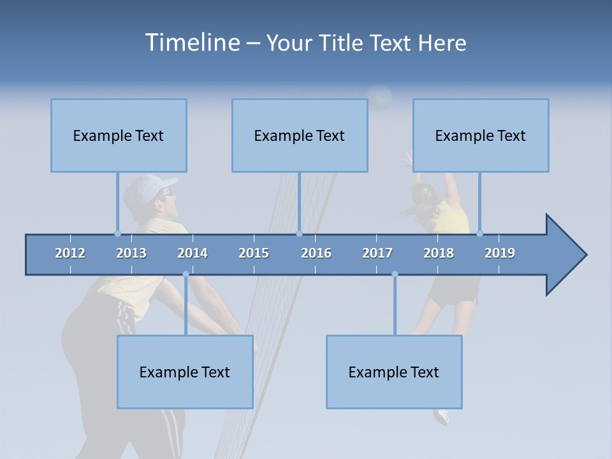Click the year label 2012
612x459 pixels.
click(x=70, y=253)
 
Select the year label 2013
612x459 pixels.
click(x=131, y=253)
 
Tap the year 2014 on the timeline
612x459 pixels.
click(x=193, y=253)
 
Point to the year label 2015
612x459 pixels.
click(x=254, y=253)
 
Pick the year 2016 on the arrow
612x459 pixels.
click(x=316, y=253)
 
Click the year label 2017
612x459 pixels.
click(x=377, y=253)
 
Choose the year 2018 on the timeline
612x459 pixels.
click(x=439, y=253)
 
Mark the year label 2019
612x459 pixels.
click(x=500, y=253)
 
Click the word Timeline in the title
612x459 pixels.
click(x=191, y=43)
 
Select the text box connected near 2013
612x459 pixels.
click(x=119, y=135)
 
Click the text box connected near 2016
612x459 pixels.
click(x=300, y=135)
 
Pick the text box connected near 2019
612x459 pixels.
click(x=481, y=135)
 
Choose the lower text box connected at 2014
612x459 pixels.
click(x=185, y=372)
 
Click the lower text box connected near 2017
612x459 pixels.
click(x=394, y=372)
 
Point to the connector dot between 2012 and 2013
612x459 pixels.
click(x=117, y=233)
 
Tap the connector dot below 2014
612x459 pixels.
click(x=186, y=274)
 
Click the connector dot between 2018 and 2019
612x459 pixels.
click(x=479, y=233)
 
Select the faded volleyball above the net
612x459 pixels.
click(x=381, y=97)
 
